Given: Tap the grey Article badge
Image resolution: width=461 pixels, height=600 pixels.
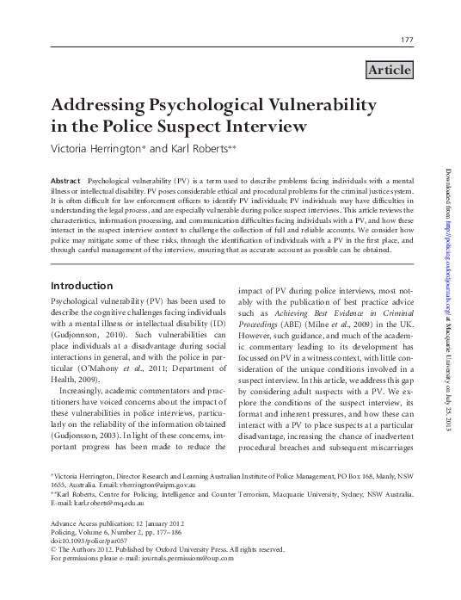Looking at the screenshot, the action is coord(389,70).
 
